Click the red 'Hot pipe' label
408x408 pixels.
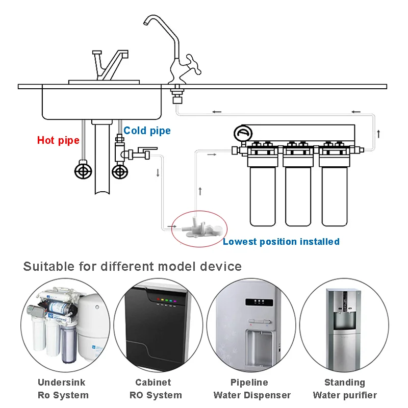coord(58,140)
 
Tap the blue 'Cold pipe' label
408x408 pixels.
coord(147,131)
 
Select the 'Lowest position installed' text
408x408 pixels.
coord(281,241)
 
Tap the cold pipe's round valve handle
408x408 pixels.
coord(120,171)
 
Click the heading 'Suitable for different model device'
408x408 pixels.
coord(132,266)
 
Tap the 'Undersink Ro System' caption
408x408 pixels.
coord(63,389)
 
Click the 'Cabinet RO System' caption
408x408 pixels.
coord(155,389)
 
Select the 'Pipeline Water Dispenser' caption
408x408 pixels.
coord(251,389)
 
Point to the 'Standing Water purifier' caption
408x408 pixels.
coord(345,389)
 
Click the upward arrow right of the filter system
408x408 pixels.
coord(378,134)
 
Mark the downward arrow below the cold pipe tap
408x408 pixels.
coord(158,172)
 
